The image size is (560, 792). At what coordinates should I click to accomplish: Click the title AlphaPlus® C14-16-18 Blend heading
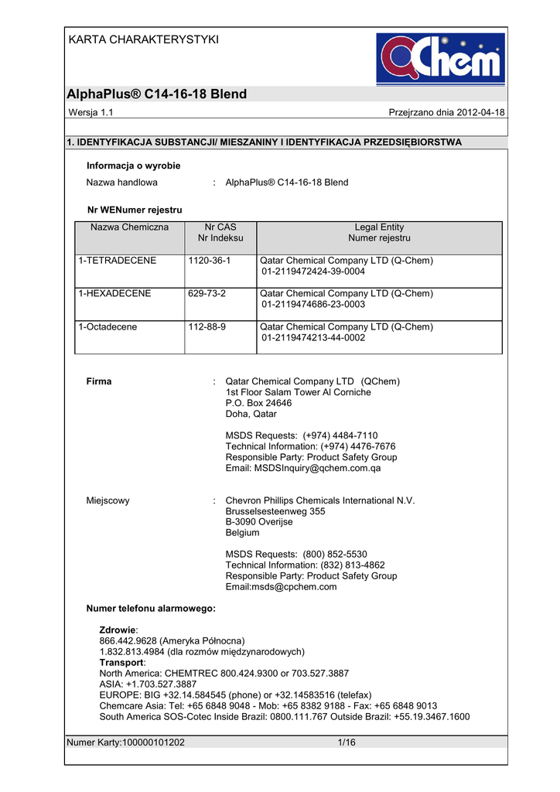[157, 94]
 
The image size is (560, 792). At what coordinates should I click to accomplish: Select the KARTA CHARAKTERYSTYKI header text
[144, 39]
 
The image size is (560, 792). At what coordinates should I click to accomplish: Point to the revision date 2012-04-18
[481, 113]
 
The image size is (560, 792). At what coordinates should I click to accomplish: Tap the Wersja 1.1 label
[91, 113]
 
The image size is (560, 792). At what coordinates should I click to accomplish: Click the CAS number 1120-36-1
[210, 261]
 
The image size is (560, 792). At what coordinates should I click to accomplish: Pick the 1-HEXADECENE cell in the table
[114, 294]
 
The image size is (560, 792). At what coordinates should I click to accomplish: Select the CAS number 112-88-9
[207, 327]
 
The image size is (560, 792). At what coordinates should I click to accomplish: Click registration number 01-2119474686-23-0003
[313, 305]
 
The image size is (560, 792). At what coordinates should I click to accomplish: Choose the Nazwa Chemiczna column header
[129, 227]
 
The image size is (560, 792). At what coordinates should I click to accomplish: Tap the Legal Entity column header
[379, 227]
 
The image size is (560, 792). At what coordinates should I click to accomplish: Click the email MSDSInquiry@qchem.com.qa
[303, 468]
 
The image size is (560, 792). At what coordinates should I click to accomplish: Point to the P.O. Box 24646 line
[259, 403]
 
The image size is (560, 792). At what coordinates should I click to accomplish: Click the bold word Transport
[121, 663]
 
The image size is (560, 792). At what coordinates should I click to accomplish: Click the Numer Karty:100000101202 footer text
[126, 743]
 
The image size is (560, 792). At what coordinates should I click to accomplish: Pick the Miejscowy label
[108, 500]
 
